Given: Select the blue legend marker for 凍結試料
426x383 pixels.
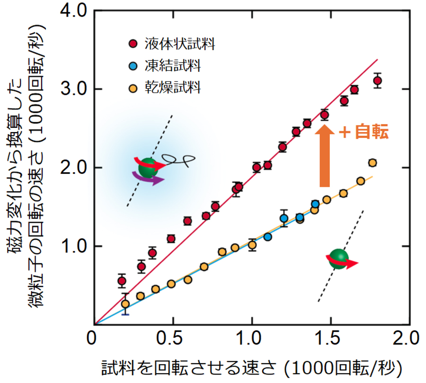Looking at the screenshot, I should (133, 66).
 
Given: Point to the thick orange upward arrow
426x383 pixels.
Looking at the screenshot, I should (325, 156).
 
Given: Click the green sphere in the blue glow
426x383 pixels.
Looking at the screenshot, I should (149, 169).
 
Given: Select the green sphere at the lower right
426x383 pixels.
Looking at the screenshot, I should (338, 259).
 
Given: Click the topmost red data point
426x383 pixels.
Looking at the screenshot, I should (377, 80).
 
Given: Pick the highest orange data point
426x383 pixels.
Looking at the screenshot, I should (372, 163).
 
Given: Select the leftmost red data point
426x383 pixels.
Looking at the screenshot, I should (122, 281).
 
